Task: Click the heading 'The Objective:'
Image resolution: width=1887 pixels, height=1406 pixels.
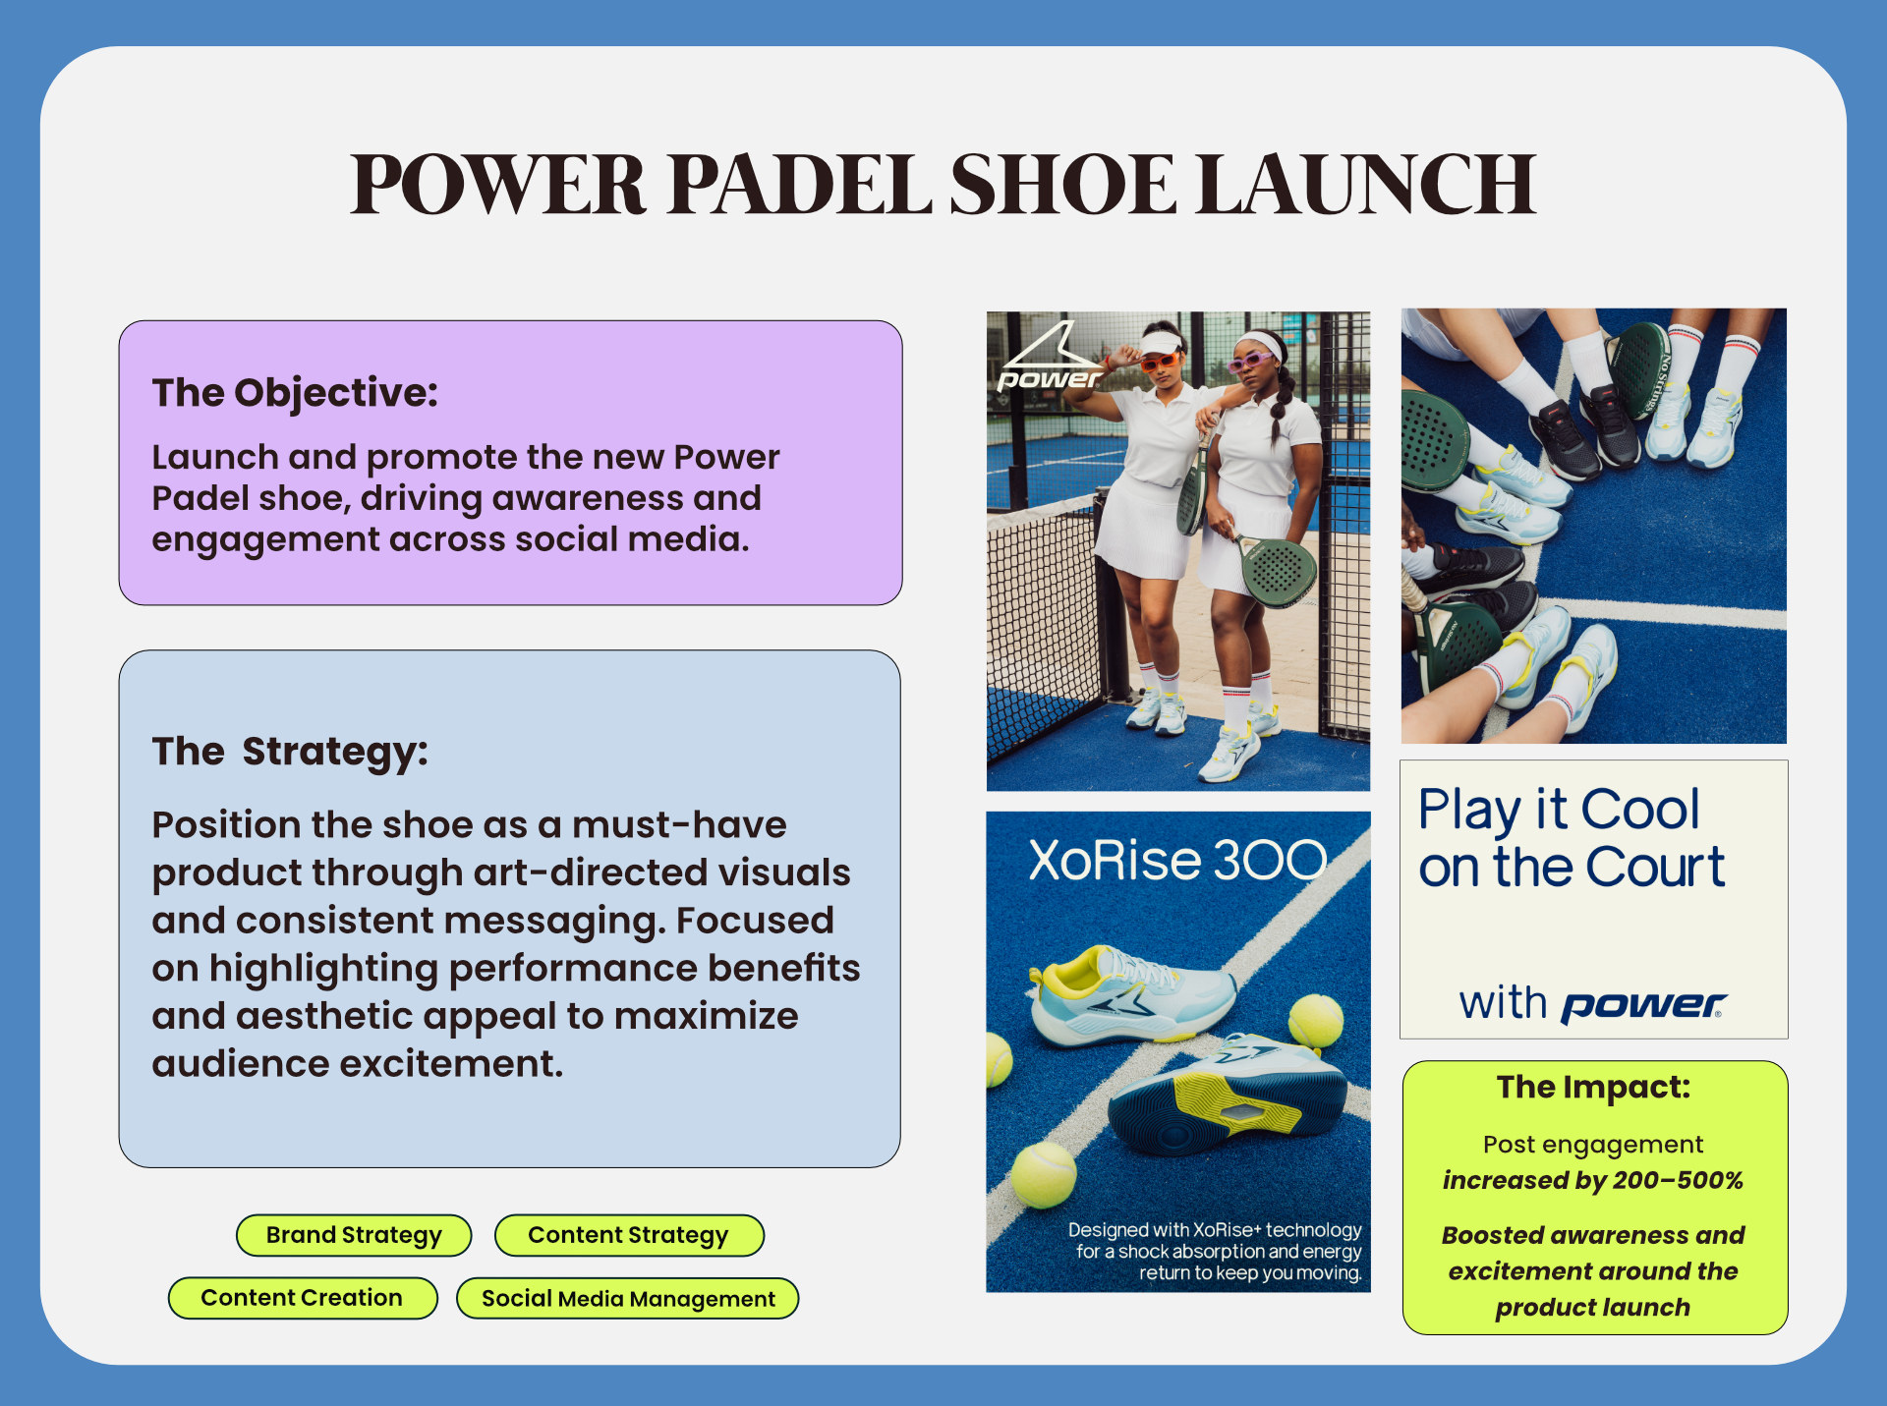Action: point(295,393)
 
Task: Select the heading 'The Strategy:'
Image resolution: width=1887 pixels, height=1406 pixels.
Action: point(290,752)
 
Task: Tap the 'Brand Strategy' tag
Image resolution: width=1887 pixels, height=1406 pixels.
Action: point(354,1235)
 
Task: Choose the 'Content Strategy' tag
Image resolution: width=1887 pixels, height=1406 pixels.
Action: point(629,1235)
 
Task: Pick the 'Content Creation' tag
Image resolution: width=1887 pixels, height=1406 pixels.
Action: point(303,1298)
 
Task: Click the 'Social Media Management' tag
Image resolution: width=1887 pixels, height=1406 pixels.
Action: point(628,1298)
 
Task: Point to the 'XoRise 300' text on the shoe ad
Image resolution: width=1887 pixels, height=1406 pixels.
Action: point(1177,860)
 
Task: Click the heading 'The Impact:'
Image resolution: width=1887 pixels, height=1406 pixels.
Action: point(1594,1087)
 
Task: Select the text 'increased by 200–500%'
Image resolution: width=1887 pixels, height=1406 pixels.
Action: point(1593,1180)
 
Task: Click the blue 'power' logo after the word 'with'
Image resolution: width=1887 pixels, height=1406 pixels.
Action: point(1644,1005)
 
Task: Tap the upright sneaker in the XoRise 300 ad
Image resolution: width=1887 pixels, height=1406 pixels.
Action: point(1132,995)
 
